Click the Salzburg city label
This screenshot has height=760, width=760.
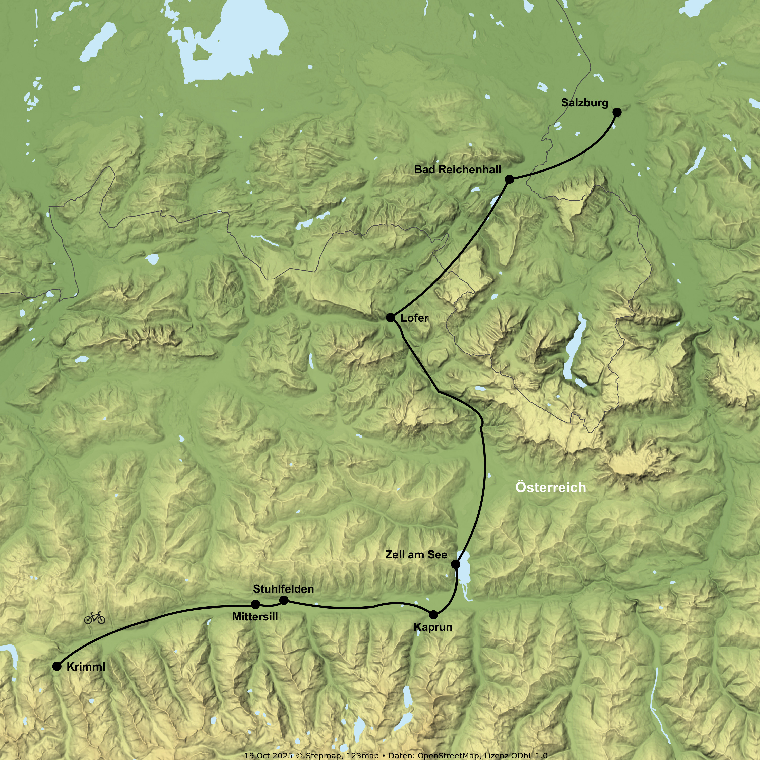click(584, 103)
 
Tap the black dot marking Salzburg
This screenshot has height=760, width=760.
click(617, 112)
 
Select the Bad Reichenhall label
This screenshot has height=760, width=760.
click(458, 169)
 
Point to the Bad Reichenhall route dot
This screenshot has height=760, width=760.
click(509, 179)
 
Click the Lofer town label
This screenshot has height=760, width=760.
click(414, 318)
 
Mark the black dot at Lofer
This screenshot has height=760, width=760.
click(390, 317)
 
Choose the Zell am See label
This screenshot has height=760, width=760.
click(416, 555)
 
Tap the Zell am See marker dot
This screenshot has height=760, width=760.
click(455, 564)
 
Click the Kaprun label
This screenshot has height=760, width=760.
click(433, 627)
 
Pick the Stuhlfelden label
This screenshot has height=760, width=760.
click(283, 589)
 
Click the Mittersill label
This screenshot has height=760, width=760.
click(255, 617)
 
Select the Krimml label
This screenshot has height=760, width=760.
click(86, 667)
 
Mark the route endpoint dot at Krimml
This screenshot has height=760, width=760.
click(57, 666)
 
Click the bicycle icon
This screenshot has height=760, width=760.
click(95, 618)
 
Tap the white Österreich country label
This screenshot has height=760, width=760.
click(550, 487)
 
